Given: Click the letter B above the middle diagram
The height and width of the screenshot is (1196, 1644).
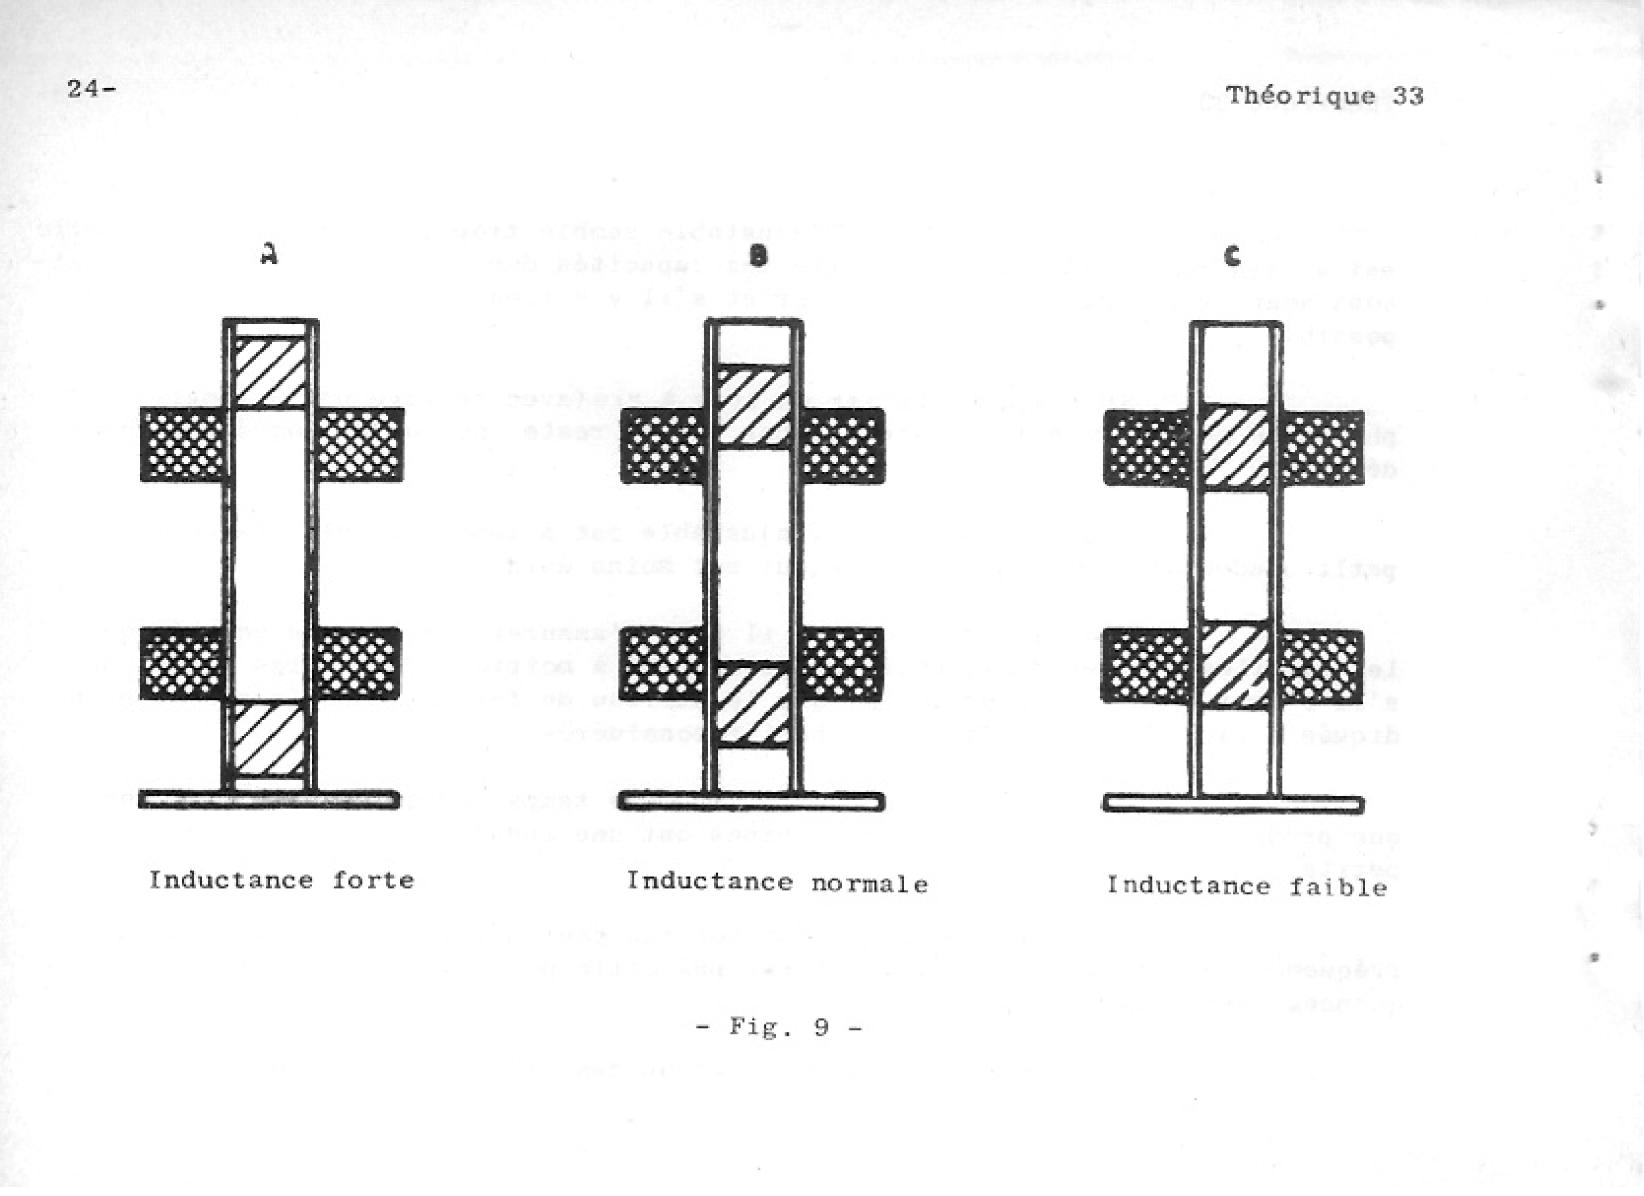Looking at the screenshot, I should (x=757, y=256).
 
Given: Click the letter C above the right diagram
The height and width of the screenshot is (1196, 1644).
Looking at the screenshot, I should (x=1232, y=256).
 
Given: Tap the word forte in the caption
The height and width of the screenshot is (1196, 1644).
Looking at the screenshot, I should (x=373, y=880).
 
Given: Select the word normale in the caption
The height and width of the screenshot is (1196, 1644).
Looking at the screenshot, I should (x=869, y=884).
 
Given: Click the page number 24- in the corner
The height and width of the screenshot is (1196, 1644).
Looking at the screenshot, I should (x=91, y=89).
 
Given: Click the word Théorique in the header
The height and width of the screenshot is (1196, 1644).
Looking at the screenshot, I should (x=1300, y=96).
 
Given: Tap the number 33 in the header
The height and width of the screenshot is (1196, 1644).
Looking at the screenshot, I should (x=1408, y=96).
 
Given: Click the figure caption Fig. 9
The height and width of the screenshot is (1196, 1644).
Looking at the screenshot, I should (x=779, y=1027).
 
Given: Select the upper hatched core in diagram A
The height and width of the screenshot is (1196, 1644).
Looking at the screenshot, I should (x=271, y=371).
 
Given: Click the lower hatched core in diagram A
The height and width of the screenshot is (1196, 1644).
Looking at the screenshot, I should (x=268, y=739).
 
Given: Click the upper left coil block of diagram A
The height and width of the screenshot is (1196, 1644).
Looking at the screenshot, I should (x=183, y=444).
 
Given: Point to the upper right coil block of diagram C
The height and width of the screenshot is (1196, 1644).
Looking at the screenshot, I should (x=1322, y=448).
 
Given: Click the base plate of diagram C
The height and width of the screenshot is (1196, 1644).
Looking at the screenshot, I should (x=1233, y=805).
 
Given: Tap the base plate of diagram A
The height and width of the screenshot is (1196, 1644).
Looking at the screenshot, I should (x=269, y=799).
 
